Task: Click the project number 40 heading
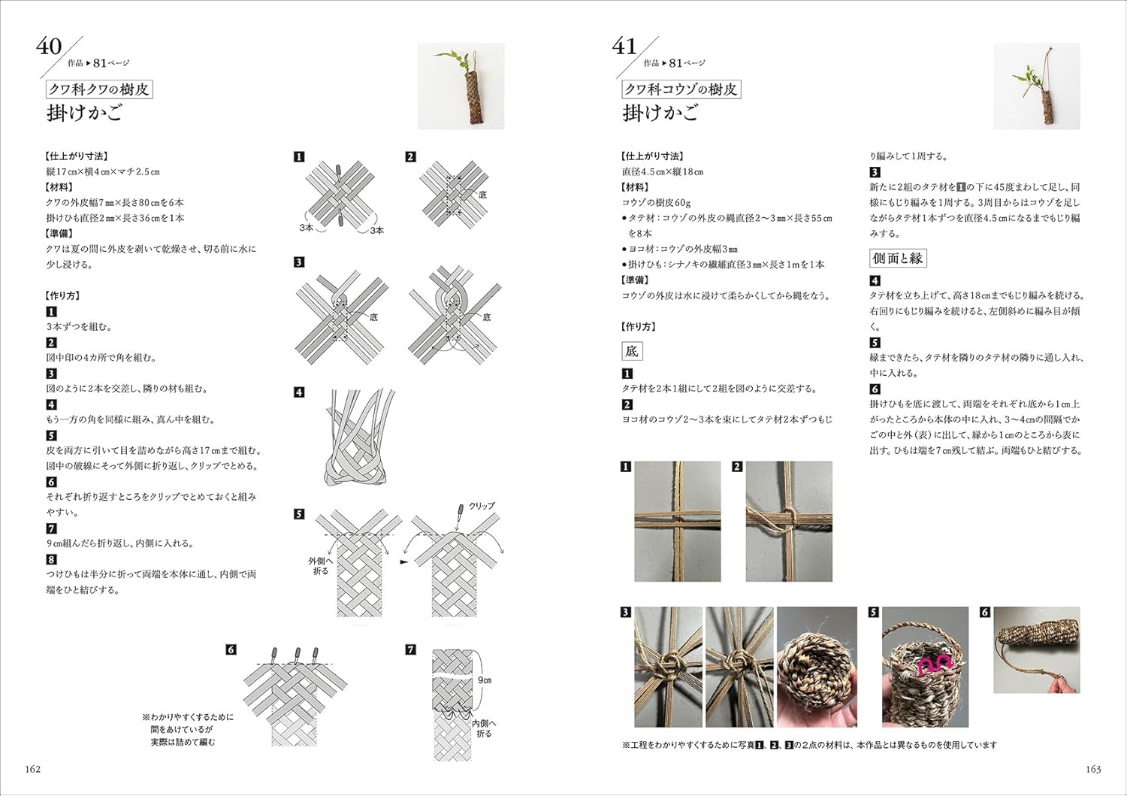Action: [x=49, y=47]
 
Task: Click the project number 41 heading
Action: [x=624, y=47]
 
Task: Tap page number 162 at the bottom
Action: [x=33, y=769]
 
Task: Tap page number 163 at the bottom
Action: [x=1093, y=769]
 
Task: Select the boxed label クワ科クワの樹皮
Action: [x=99, y=89]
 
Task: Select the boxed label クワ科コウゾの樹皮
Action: [x=681, y=89]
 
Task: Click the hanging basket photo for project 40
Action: [x=461, y=86]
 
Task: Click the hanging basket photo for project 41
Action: [x=1036, y=86]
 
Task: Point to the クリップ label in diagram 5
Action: [x=482, y=506]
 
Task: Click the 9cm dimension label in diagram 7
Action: [x=485, y=680]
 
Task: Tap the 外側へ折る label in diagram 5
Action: [x=321, y=566]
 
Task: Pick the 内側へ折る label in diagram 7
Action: [x=484, y=728]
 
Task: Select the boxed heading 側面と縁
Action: [x=897, y=259]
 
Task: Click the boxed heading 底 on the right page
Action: [x=631, y=351]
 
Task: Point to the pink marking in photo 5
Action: [x=935, y=663]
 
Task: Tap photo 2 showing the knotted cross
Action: [x=788, y=521]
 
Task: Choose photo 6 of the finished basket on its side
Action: [x=1036, y=650]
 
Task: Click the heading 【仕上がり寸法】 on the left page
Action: [x=77, y=156]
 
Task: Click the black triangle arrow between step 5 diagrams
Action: [x=403, y=561]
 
